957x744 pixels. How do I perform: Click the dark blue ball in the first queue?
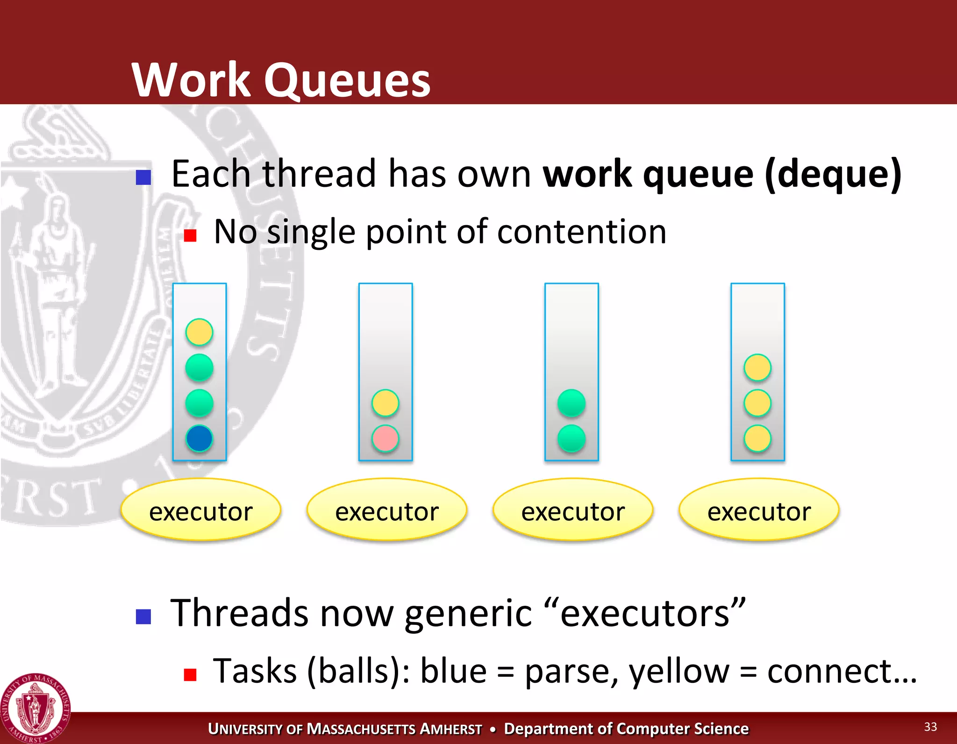199,439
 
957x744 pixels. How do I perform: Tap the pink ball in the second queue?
385,439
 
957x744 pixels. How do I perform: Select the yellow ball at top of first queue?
199,332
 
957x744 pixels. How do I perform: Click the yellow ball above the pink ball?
385,403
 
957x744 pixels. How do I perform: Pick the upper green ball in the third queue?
571,403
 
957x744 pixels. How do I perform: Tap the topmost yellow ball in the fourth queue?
757,368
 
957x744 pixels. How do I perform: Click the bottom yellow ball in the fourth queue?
757,439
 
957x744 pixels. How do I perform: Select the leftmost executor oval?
200,510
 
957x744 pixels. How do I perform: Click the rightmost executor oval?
759,510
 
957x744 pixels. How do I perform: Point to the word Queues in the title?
347,80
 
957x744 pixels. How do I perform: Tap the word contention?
581,232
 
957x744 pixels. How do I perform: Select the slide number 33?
930,727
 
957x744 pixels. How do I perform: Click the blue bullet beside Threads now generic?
143,616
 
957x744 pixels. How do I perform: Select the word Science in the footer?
721,729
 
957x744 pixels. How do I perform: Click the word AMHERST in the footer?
450,729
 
